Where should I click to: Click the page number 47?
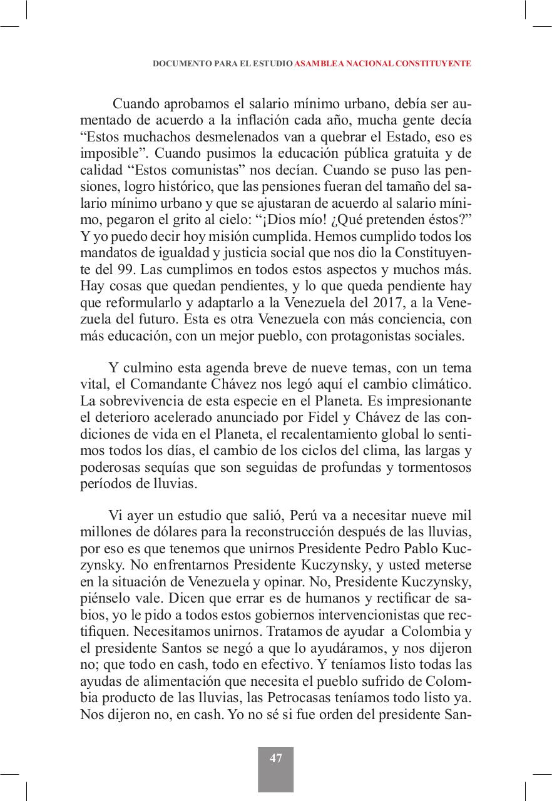coord(276,758)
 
